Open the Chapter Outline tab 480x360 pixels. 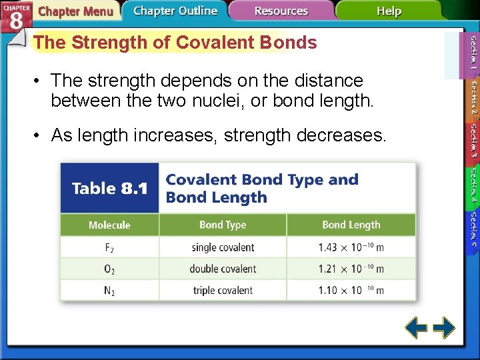[175, 11]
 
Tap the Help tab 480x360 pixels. [389, 11]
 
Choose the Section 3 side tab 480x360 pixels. [472, 139]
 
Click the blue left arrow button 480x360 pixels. [417, 328]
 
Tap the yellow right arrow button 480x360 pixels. [443, 328]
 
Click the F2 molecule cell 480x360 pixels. [109, 247]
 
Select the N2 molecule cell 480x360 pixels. [109, 290]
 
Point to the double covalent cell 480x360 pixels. [223, 269]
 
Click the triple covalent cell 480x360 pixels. [223, 290]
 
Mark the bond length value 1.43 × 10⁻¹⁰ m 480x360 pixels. [351, 247]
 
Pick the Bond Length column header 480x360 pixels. [351, 225]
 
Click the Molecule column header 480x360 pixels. [109, 225]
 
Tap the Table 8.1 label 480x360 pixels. [109, 189]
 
